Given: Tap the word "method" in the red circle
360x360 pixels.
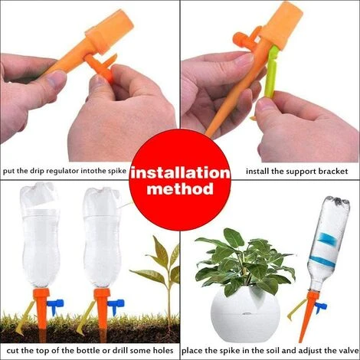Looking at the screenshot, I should coord(179,188).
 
